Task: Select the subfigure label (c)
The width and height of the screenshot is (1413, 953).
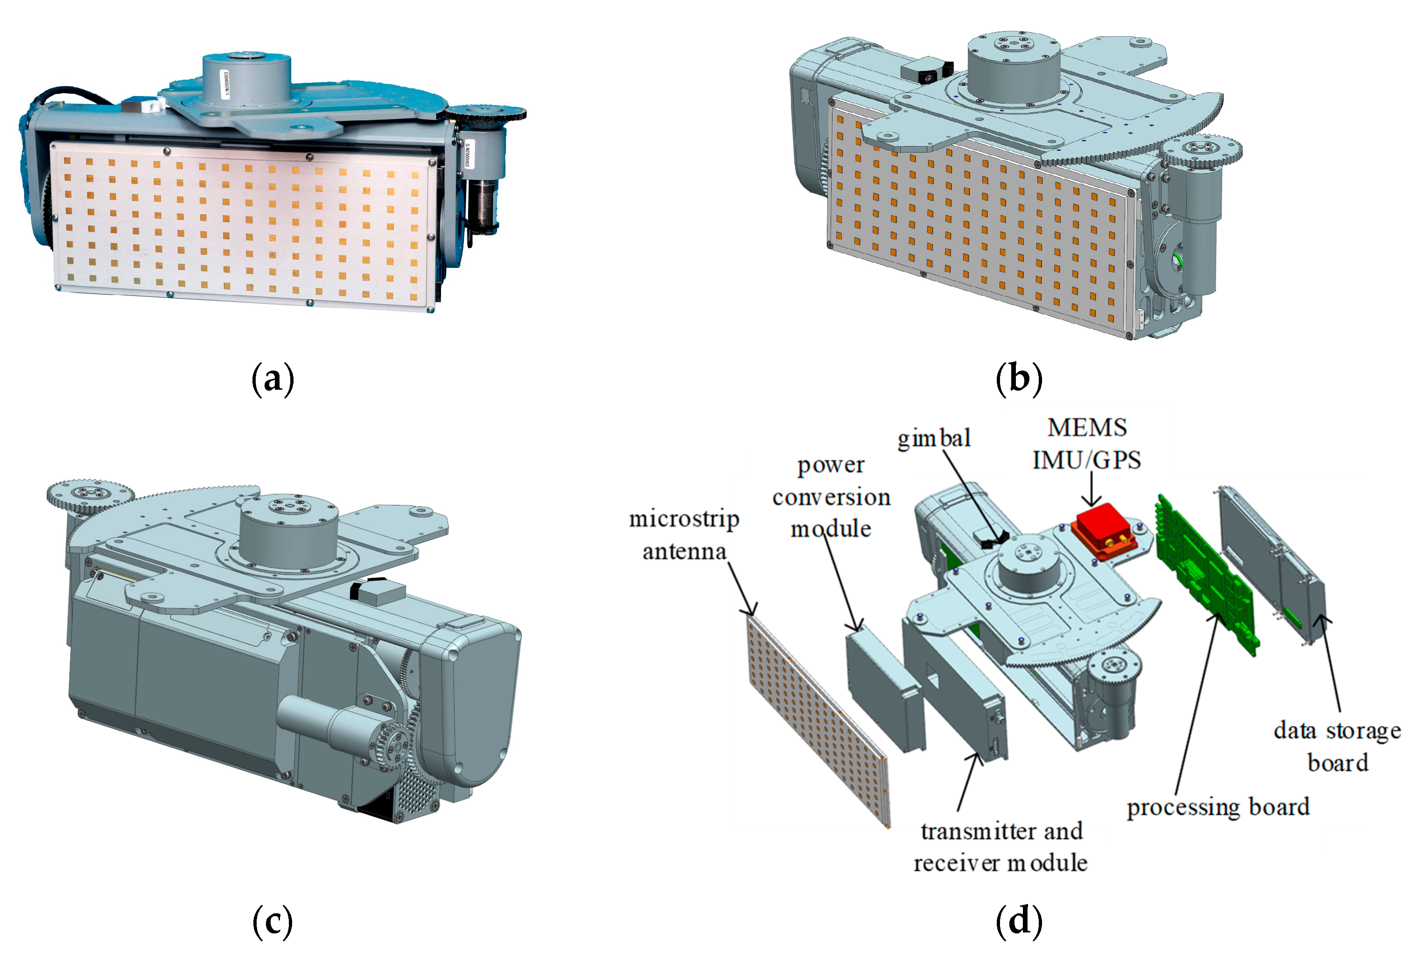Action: (273, 921)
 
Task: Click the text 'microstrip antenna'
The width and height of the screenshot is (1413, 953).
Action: (684, 535)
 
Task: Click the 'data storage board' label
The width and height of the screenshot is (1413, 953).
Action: (1336, 746)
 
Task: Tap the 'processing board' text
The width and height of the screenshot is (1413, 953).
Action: (1217, 807)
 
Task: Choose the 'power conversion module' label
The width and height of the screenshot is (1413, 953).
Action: (831, 497)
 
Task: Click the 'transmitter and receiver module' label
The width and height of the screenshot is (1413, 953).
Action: (1000, 847)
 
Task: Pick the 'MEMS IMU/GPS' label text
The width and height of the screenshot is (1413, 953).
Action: (1087, 444)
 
